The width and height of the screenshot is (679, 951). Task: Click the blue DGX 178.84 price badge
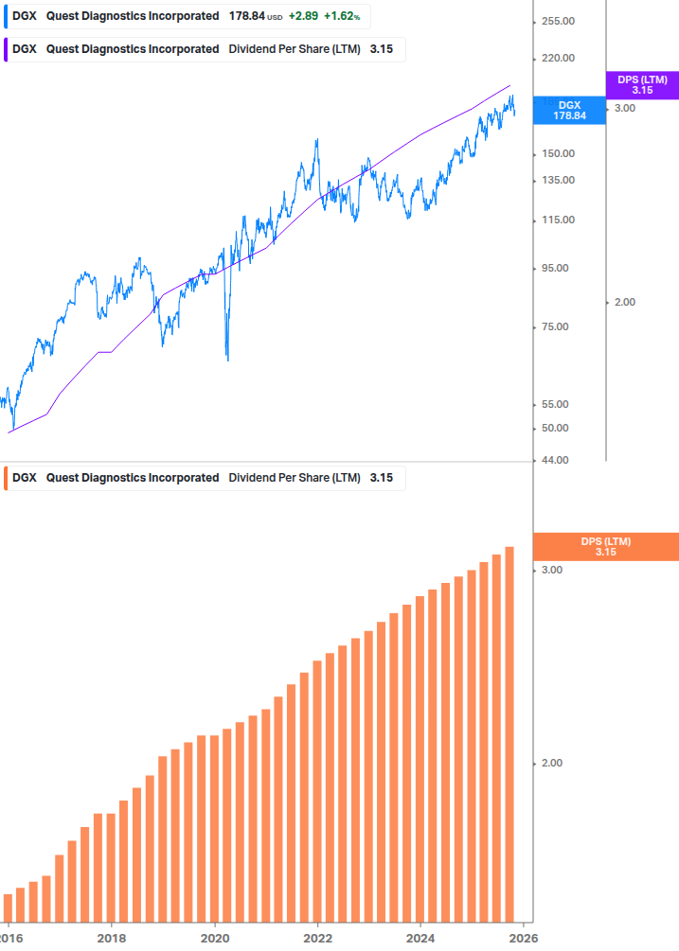(x=569, y=110)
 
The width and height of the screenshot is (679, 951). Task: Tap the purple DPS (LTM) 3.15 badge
(x=642, y=85)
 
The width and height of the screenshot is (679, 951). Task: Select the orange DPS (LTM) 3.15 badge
(x=605, y=546)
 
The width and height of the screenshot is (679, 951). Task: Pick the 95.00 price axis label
(x=552, y=268)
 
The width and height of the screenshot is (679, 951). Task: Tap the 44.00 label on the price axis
(x=552, y=460)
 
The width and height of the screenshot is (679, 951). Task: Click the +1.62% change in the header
(x=342, y=17)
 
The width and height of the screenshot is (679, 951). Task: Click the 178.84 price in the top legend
(x=247, y=17)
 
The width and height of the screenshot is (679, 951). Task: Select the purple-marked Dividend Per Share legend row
(x=203, y=49)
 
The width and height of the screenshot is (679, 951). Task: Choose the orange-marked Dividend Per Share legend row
(x=203, y=478)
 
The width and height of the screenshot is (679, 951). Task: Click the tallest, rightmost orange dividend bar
(x=509, y=733)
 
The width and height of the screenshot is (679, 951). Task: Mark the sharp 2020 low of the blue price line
(x=228, y=360)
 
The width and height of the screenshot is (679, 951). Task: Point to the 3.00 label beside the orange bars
(x=551, y=570)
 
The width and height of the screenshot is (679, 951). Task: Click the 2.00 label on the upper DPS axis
(x=625, y=302)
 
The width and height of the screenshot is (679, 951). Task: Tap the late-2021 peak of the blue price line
(x=316, y=140)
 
